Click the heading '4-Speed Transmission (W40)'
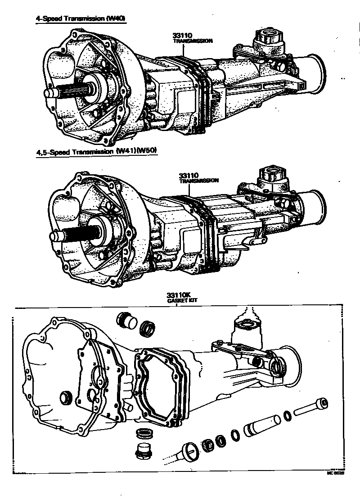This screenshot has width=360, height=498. click(81, 19)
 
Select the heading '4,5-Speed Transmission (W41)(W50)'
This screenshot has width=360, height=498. click(96, 152)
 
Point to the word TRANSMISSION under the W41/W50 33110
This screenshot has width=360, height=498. click(198, 180)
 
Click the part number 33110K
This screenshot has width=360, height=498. click(176, 295)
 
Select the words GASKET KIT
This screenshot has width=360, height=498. click(176, 300)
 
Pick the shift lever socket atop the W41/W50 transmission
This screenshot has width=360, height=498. click(272, 175)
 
